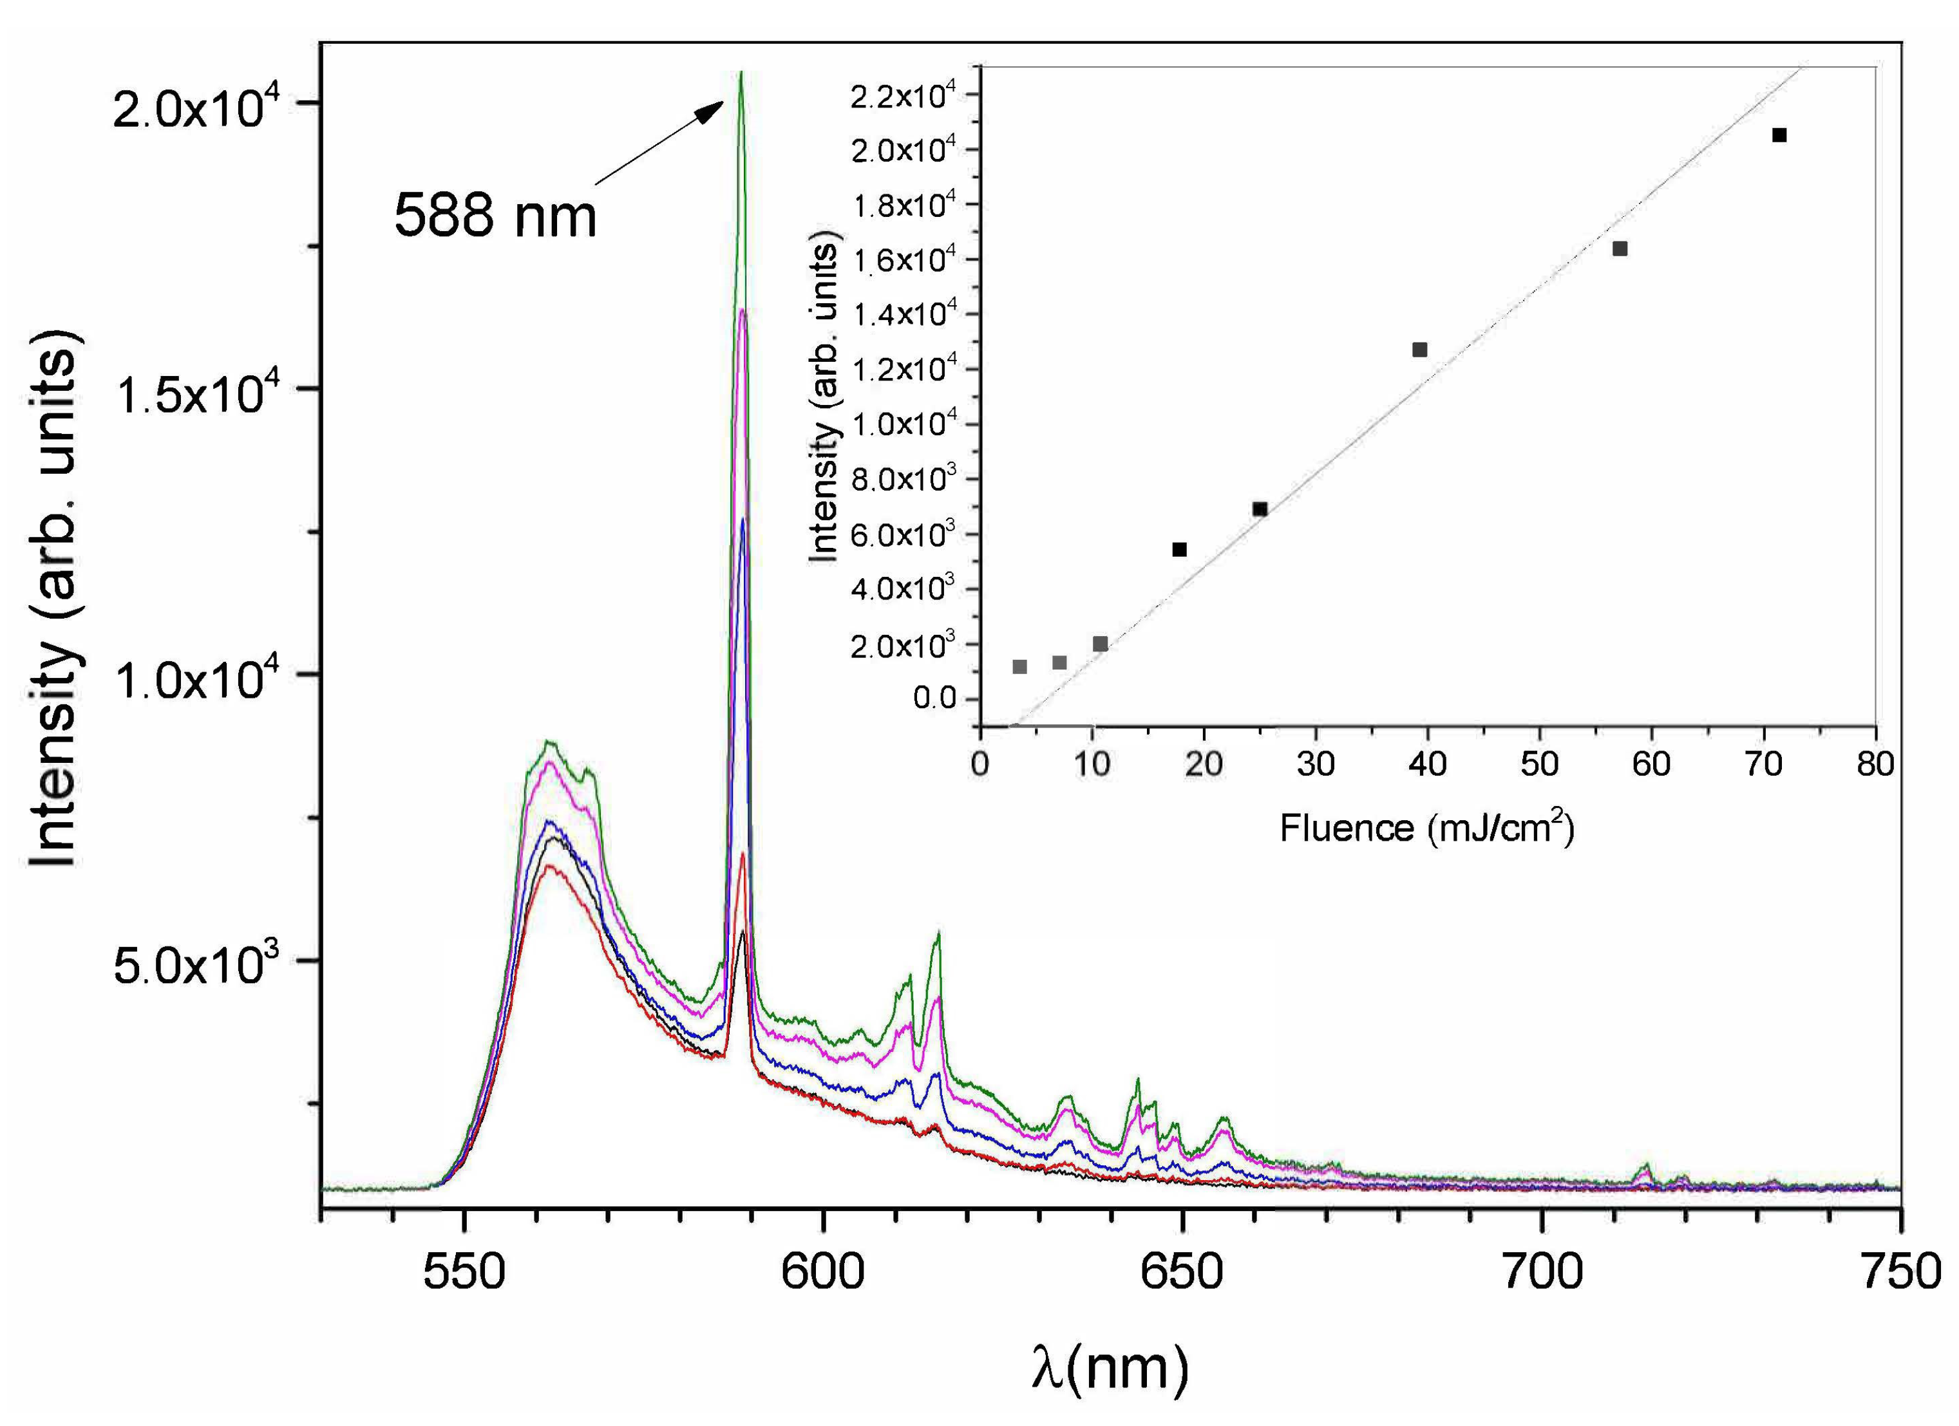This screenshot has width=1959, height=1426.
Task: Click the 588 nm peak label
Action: tap(495, 215)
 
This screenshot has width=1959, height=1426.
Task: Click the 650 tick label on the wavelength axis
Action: tap(1182, 1271)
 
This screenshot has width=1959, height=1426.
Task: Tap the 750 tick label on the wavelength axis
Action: tap(1900, 1271)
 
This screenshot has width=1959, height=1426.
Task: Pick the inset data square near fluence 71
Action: tap(1779, 135)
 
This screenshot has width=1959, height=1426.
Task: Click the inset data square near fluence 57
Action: tap(1620, 249)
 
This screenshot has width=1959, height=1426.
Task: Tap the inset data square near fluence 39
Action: tap(1419, 350)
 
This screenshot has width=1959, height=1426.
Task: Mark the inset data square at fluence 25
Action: tap(1260, 509)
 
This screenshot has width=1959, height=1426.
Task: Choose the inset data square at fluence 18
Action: tap(1179, 549)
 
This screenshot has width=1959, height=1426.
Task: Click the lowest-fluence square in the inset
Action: tap(1019, 667)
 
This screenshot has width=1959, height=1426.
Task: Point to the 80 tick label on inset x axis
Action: tap(1875, 764)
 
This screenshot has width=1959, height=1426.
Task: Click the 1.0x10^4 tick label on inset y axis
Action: tap(904, 425)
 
